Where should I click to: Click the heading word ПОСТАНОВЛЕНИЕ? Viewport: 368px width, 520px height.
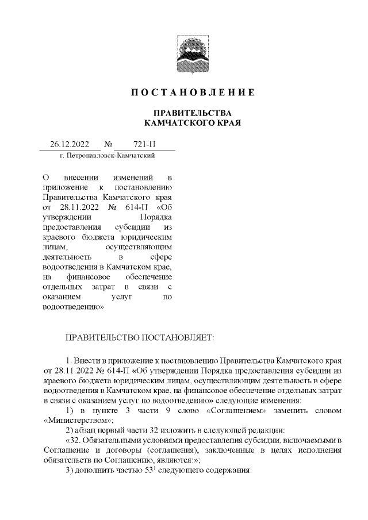click(192, 92)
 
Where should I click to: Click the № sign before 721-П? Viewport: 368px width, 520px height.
click(108, 145)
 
